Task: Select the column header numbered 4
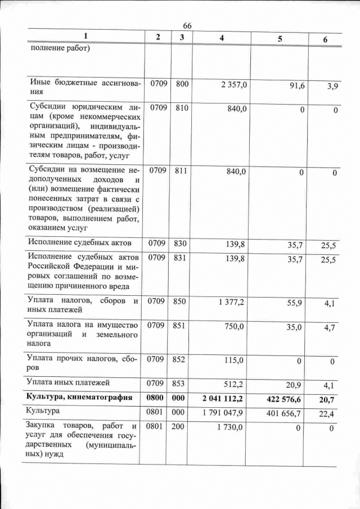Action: coord(222,38)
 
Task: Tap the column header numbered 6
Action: coord(325,39)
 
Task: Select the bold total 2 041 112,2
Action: coord(223,398)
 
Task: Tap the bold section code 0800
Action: coord(155,398)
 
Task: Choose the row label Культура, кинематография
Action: coord(79,397)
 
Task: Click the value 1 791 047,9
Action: coord(223,413)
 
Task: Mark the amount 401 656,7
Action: coord(285,414)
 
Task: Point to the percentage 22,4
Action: coord(328,415)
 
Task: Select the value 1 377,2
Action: coord(231,302)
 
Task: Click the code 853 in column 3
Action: coord(179,384)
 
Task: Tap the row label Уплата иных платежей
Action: coord(68,383)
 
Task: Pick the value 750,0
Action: coord(234,326)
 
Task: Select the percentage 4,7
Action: coord(329,328)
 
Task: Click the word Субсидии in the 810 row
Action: coord(47,107)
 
